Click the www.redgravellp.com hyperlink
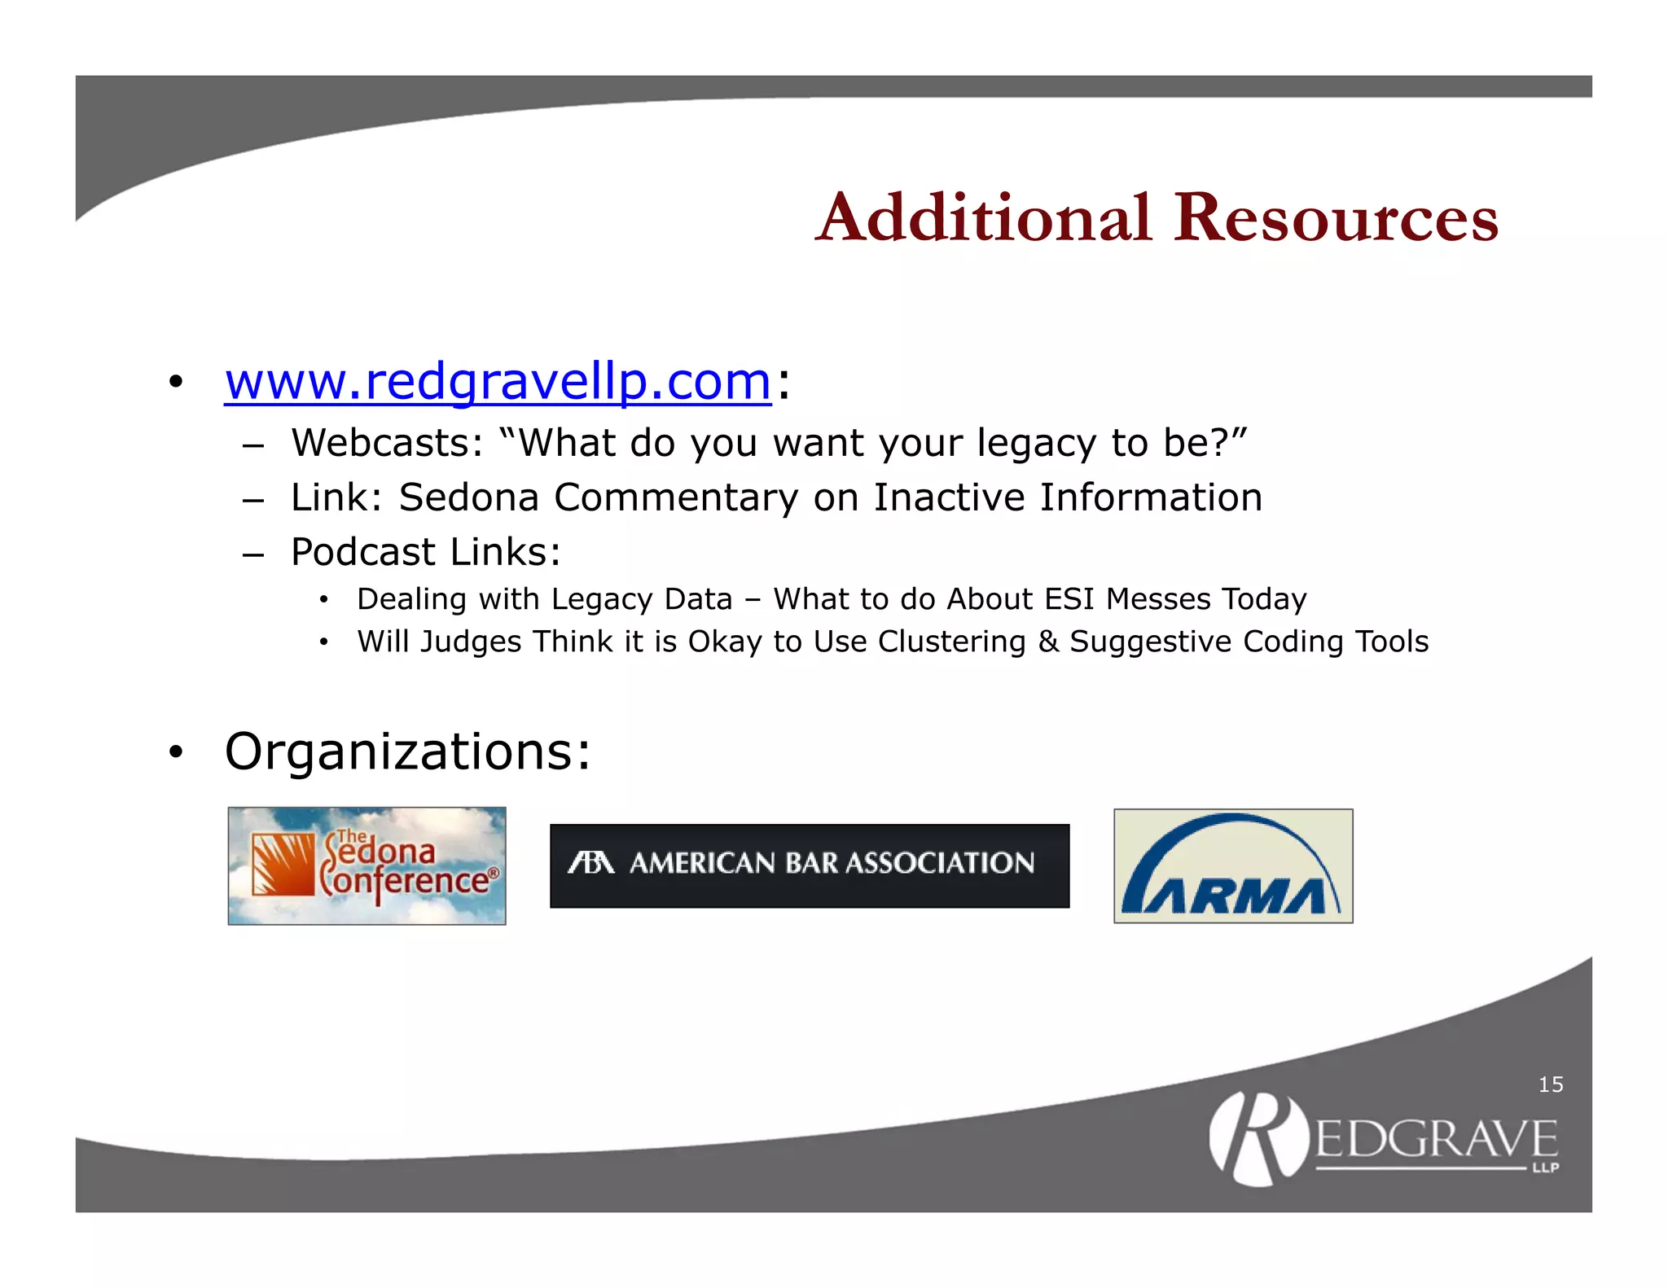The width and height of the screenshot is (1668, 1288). pos(498,381)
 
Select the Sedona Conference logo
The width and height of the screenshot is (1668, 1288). pos(367,865)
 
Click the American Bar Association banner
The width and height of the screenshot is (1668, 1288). pos(810,865)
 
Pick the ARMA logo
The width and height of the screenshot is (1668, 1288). pos(1233,865)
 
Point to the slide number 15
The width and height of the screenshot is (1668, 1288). pos(1550,1084)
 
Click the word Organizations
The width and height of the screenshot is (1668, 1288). pos(406,751)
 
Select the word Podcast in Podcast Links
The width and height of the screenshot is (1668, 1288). pos(364,552)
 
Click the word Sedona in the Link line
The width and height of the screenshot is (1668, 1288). pos(468,497)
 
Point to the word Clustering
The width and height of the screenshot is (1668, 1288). pos(951,642)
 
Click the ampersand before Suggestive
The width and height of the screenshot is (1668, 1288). pos(1047,642)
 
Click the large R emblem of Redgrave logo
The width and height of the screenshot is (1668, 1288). pos(1258,1138)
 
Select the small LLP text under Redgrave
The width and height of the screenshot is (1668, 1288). pos(1545,1168)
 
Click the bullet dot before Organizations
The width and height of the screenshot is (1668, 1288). pos(176,752)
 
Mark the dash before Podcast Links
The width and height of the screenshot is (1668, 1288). pos(253,554)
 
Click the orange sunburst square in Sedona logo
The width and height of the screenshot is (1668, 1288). pos(283,865)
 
